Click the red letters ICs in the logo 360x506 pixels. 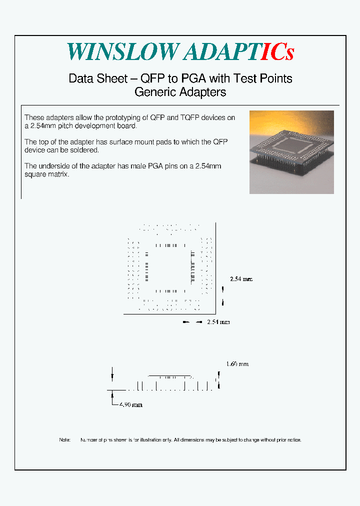point(277,51)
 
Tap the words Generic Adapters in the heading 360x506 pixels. point(180,92)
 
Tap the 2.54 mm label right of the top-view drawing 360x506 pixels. point(241,279)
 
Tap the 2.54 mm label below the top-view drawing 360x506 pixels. point(218,322)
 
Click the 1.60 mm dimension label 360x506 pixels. point(237,364)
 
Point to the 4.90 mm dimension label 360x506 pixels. point(131,404)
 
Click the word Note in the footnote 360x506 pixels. point(65,440)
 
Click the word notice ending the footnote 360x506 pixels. point(293,440)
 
